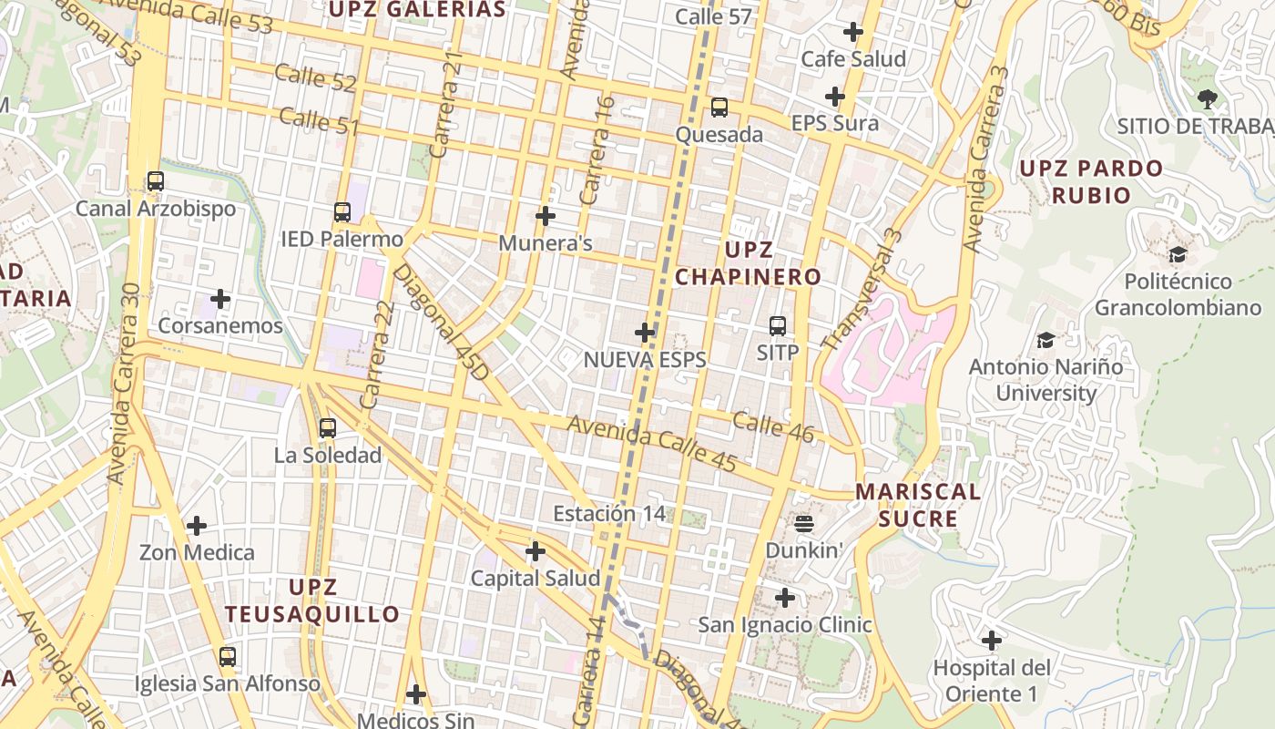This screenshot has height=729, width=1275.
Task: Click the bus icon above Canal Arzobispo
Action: click(x=156, y=181)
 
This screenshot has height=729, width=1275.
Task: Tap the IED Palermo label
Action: click(x=342, y=240)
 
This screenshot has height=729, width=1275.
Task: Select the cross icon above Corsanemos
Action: click(x=220, y=299)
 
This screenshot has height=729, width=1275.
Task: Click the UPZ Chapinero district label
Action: click(x=748, y=263)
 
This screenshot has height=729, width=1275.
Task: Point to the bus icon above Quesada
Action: click(x=719, y=108)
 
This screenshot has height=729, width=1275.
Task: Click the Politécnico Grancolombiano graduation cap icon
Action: click(x=1178, y=254)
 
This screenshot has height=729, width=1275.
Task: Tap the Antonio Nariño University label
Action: click(x=1045, y=380)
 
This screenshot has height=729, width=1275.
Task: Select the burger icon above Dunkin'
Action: click(x=803, y=523)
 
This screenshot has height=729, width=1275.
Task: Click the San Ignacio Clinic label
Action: click(x=784, y=625)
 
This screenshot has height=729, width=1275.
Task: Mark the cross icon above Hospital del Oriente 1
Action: click(x=992, y=641)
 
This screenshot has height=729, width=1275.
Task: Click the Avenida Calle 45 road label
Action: click(x=652, y=444)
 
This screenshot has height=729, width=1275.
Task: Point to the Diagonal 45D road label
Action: click(x=441, y=323)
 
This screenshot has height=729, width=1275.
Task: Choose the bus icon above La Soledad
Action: click(x=328, y=427)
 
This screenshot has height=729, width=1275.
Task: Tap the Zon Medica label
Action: click(x=197, y=552)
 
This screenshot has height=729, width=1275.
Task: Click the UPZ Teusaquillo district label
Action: click(x=312, y=601)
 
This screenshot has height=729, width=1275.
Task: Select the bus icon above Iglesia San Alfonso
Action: click(x=228, y=656)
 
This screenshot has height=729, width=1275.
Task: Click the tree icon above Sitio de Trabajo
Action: click(x=1208, y=98)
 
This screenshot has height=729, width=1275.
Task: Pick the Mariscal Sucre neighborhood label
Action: click(x=917, y=506)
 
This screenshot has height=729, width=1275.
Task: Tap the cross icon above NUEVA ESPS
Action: click(x=645, y=333)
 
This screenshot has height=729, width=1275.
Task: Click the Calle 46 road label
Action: click(x=772, y=427)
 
